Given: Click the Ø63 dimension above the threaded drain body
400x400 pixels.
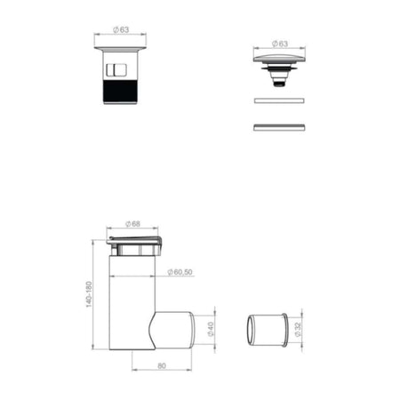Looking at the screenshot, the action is point(121,29).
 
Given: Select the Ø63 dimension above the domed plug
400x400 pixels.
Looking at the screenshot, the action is point(280,44).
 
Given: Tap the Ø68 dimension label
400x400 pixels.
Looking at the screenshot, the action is point(132,224).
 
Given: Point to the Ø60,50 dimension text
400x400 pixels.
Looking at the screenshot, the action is point(180,272).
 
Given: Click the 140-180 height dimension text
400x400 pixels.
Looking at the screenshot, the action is point(89,294).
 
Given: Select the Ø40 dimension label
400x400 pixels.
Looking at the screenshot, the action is point(211,329).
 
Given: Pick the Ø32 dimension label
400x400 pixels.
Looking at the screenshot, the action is point(298,330).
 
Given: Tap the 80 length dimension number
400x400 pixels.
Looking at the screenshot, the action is point(162,365).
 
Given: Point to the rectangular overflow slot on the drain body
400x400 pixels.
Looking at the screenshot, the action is point(116,69).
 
